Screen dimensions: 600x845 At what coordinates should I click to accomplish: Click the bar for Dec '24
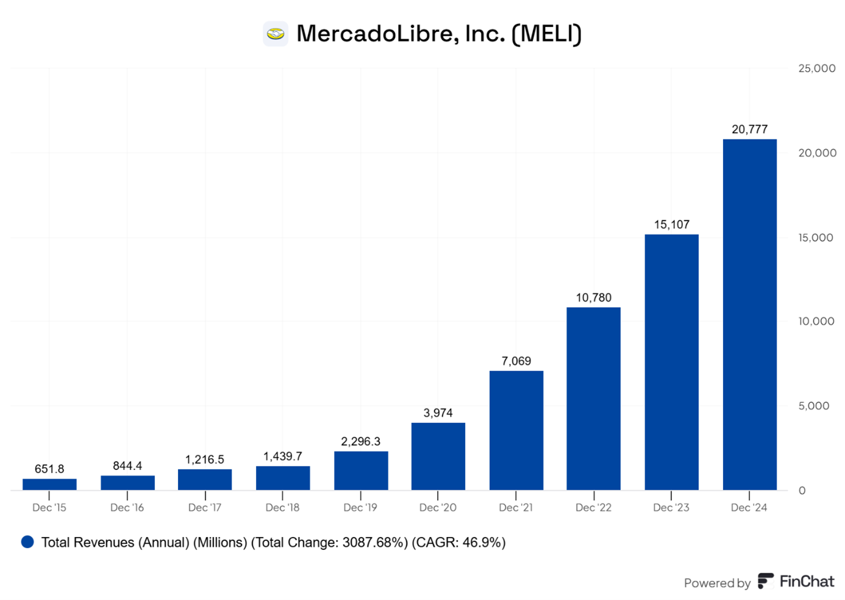click(749, 314)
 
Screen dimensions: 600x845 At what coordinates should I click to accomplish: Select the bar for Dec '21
click(516, 430)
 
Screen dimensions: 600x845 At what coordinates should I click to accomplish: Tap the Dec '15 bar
click(49, 484)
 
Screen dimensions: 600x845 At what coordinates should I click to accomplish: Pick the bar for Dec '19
click(361, 471)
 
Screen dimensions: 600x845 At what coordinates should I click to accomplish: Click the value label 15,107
click(671, 225)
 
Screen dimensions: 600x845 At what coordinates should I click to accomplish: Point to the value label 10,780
click(593, 298)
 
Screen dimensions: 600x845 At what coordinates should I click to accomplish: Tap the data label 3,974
click(438, 413)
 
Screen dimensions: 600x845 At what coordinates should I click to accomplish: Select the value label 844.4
click(127, 466)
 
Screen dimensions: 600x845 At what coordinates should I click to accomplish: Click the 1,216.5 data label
click(205, 460)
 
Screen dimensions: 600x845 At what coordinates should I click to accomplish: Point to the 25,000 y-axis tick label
click(816, 68)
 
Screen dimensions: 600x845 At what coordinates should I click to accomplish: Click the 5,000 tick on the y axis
click(814, 406)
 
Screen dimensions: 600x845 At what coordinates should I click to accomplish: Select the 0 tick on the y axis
click(802, 491)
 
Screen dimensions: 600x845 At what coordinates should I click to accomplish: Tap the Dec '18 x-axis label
click(282, 508)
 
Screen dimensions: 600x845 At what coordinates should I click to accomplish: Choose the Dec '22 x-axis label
click(593, 508)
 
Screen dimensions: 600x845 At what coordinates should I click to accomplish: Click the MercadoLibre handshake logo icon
click(276, 34)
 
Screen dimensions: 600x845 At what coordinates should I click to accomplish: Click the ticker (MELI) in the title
click(546, 34)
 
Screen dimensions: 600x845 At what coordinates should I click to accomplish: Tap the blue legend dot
click(27, 542)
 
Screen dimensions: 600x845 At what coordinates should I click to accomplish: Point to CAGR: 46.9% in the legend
click(458, 543)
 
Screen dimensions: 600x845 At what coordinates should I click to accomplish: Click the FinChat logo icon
click(766, 581)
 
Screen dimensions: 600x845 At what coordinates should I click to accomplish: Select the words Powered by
click(717, 584)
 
